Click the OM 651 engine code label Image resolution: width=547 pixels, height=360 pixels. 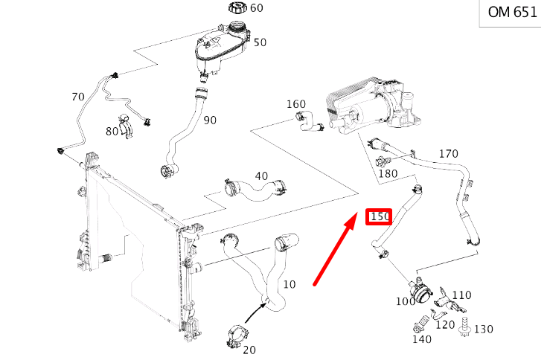tap(513, 12)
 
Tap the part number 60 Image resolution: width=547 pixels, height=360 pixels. tap(257, 7)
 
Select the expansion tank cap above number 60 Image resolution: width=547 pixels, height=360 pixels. tap(237, 7)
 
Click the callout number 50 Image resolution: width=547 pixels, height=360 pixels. tap(260, 42)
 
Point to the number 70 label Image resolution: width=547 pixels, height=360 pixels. tap(78, 97)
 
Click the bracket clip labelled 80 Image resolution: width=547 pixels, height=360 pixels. tap(126, 126)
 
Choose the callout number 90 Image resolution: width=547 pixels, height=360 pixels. tap(210, 120)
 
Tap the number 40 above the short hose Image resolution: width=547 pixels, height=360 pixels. tap(261, 176)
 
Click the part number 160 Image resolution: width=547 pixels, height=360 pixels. tap(296, 104)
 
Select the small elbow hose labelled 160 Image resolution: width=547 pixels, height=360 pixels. tap(309, 121)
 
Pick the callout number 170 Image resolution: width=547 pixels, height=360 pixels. tap(448, 153)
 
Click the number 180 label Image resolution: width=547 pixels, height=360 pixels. tap(388, 173)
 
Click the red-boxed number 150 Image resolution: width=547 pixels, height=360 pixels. tap(379, 216)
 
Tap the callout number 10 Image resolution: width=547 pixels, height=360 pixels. tap(290, 284)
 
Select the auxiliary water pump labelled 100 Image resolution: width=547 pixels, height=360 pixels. tap(420, 290)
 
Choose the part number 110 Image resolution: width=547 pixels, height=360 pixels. tap(461, 295)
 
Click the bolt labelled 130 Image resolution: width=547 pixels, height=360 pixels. tap(464, 327)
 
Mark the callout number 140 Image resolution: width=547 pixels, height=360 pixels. tap(422, 338)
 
